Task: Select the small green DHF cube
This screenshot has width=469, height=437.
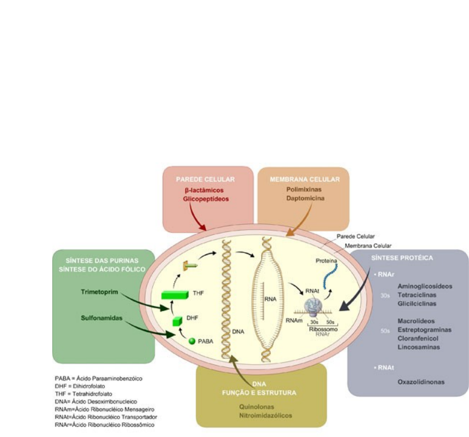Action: pyautogui.click(x=177, y=321)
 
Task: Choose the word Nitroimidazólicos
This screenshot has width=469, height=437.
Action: pyautogui.click(x=266, y=415)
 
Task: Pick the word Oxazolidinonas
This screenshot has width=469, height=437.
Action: pyautogui.click(x=421, y=382)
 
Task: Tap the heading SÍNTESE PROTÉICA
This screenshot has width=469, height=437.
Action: pyautogui.click(x=402, y=258)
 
